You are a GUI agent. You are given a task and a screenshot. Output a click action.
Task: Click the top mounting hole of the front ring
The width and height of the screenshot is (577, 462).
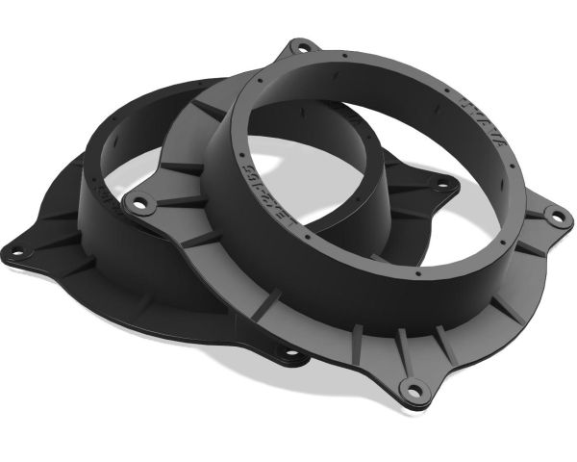[301, 45]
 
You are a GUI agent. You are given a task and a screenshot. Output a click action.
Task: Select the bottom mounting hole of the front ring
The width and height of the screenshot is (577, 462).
[414, 390]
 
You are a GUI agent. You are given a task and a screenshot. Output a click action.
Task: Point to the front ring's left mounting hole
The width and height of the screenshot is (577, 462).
[141, 203]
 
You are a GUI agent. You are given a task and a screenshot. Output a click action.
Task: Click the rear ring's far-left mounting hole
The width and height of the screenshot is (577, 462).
[16, 252]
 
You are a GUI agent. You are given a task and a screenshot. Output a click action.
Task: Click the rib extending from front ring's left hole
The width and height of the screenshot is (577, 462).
[173, 202]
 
